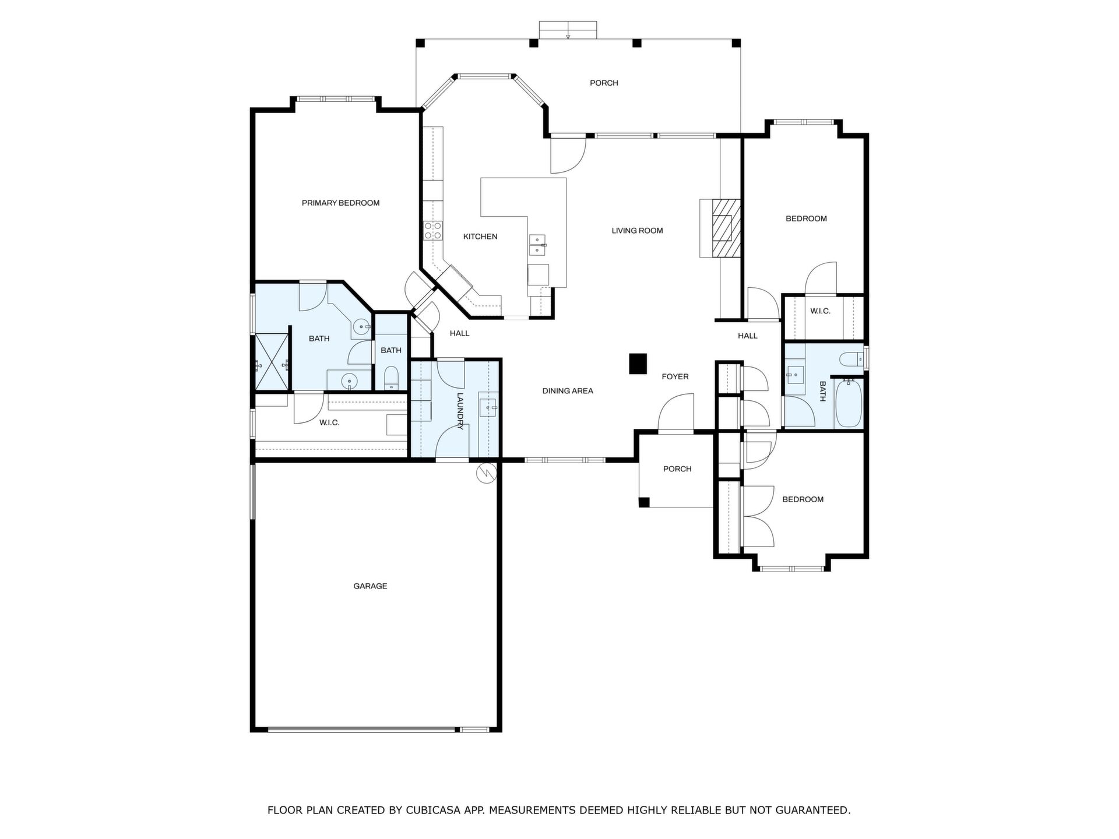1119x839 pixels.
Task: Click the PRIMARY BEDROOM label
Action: [340, 203]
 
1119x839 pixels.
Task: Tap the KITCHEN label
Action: [480, 237]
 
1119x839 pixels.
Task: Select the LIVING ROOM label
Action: [637, 231]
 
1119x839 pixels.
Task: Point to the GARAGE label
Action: [370, 586]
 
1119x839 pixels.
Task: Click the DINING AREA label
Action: [568, 391]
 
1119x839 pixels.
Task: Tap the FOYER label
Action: [675, 377]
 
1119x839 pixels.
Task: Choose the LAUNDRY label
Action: [460, 411]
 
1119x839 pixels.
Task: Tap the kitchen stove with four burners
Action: [433, 231]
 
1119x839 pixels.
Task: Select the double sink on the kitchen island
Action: [537, 245]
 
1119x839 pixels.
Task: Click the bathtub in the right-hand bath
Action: [849, 403]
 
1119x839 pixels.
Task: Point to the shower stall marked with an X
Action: [272, 361]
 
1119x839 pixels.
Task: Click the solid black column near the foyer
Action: [638, 364]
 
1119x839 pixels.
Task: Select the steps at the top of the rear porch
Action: [568, 30]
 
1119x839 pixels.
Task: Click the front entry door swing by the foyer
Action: [676, 413]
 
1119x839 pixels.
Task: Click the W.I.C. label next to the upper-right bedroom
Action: [820, 311]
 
